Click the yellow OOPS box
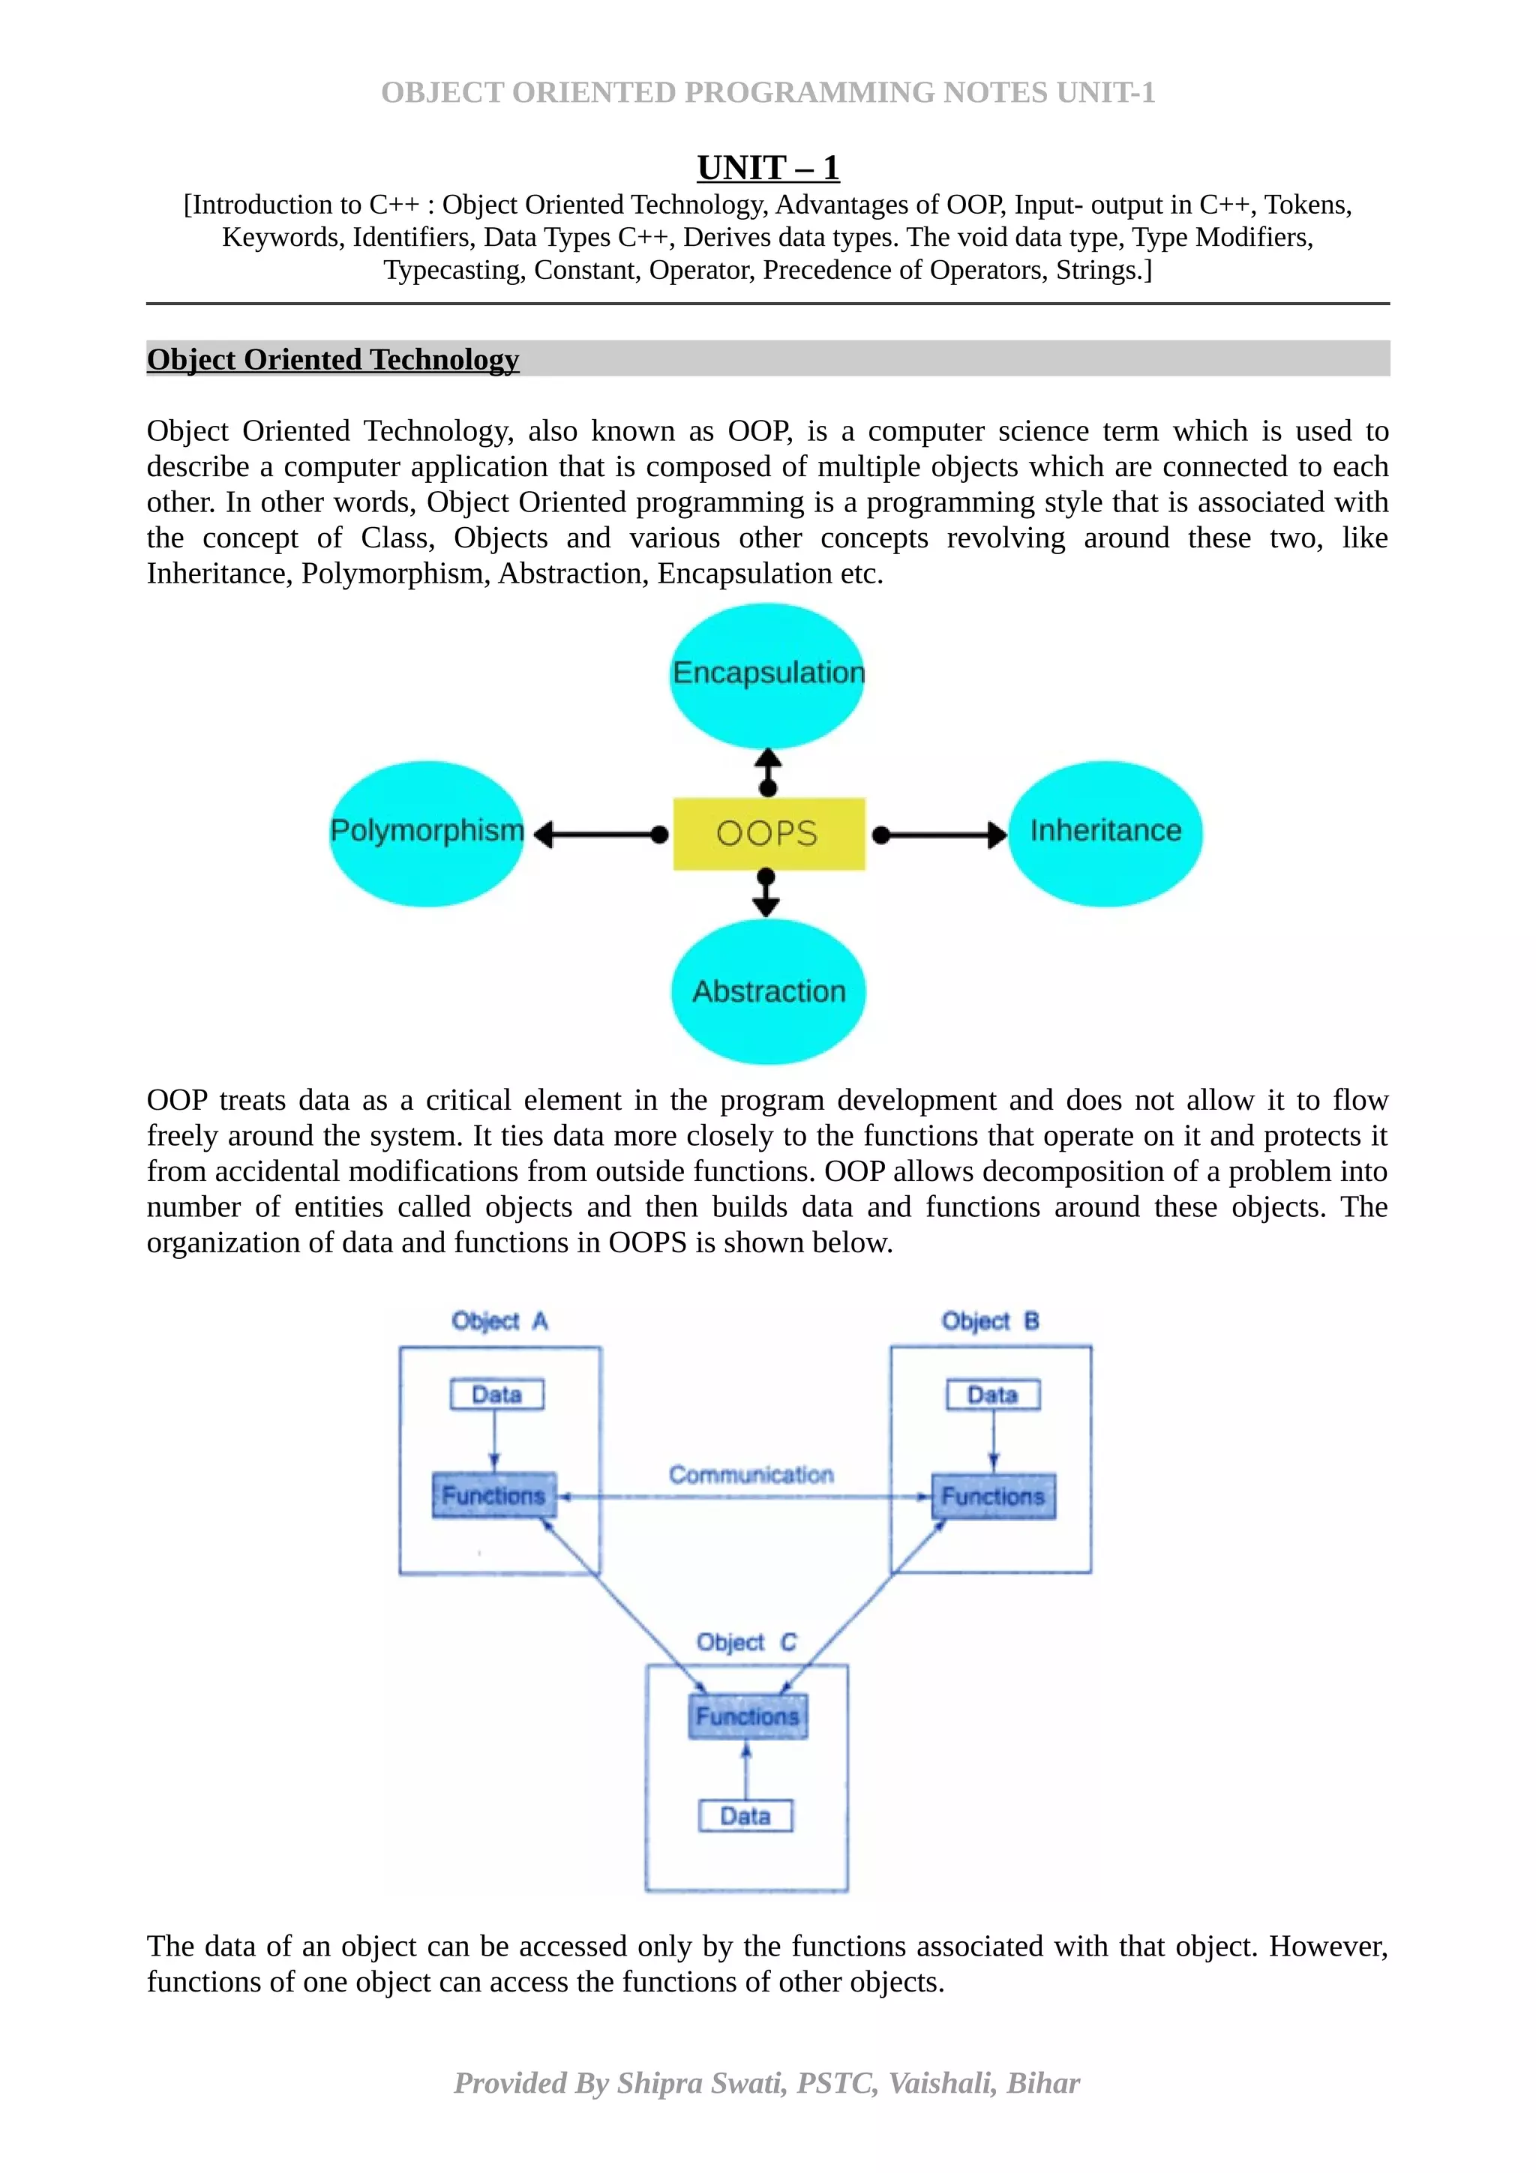[769, 834]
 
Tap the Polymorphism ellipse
[427, 833]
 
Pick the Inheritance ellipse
[1105, 833]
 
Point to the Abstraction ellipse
[769, 991]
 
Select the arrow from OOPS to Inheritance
[939, 835]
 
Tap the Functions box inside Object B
[993, 1497]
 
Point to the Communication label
[751, 1474]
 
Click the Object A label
[499, 1320]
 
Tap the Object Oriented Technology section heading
[333, 360]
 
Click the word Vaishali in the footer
[942, 2082]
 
